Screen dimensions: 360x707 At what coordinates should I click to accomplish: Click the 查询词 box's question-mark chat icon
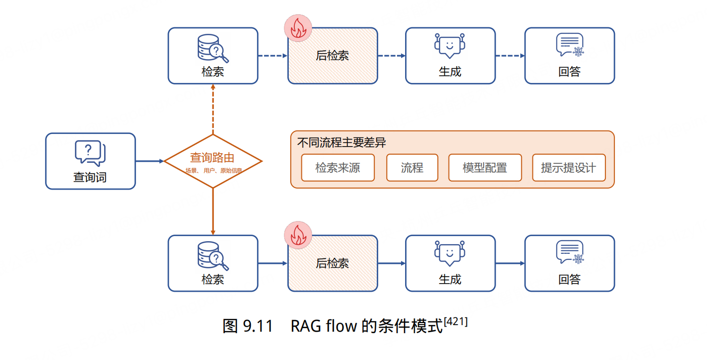click(90, 153)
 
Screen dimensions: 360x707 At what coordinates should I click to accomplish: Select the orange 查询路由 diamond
click(213, 161)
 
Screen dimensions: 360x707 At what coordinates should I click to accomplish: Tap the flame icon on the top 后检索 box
click(298, 28)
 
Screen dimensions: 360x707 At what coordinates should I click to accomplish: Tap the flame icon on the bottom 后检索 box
click(298, 236)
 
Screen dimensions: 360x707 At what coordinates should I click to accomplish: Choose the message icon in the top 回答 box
click(569, 45)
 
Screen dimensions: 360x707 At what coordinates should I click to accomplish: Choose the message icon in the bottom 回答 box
click(569, 253)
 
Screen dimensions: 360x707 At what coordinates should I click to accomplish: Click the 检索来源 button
click(337, 168)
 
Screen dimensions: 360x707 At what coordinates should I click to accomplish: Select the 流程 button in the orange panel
click(412, 168)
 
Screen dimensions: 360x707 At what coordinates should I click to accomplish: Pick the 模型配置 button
click(484, 168)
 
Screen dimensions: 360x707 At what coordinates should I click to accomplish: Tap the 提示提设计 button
click(568, 168)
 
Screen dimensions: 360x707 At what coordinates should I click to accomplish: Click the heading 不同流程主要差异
click(342, 143)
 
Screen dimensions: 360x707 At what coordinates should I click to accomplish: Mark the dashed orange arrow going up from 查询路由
click(213, 109)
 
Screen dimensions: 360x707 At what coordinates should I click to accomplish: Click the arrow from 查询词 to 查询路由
click(150, 161)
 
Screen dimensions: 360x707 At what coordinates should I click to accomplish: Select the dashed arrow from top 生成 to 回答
click(510, 56)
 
